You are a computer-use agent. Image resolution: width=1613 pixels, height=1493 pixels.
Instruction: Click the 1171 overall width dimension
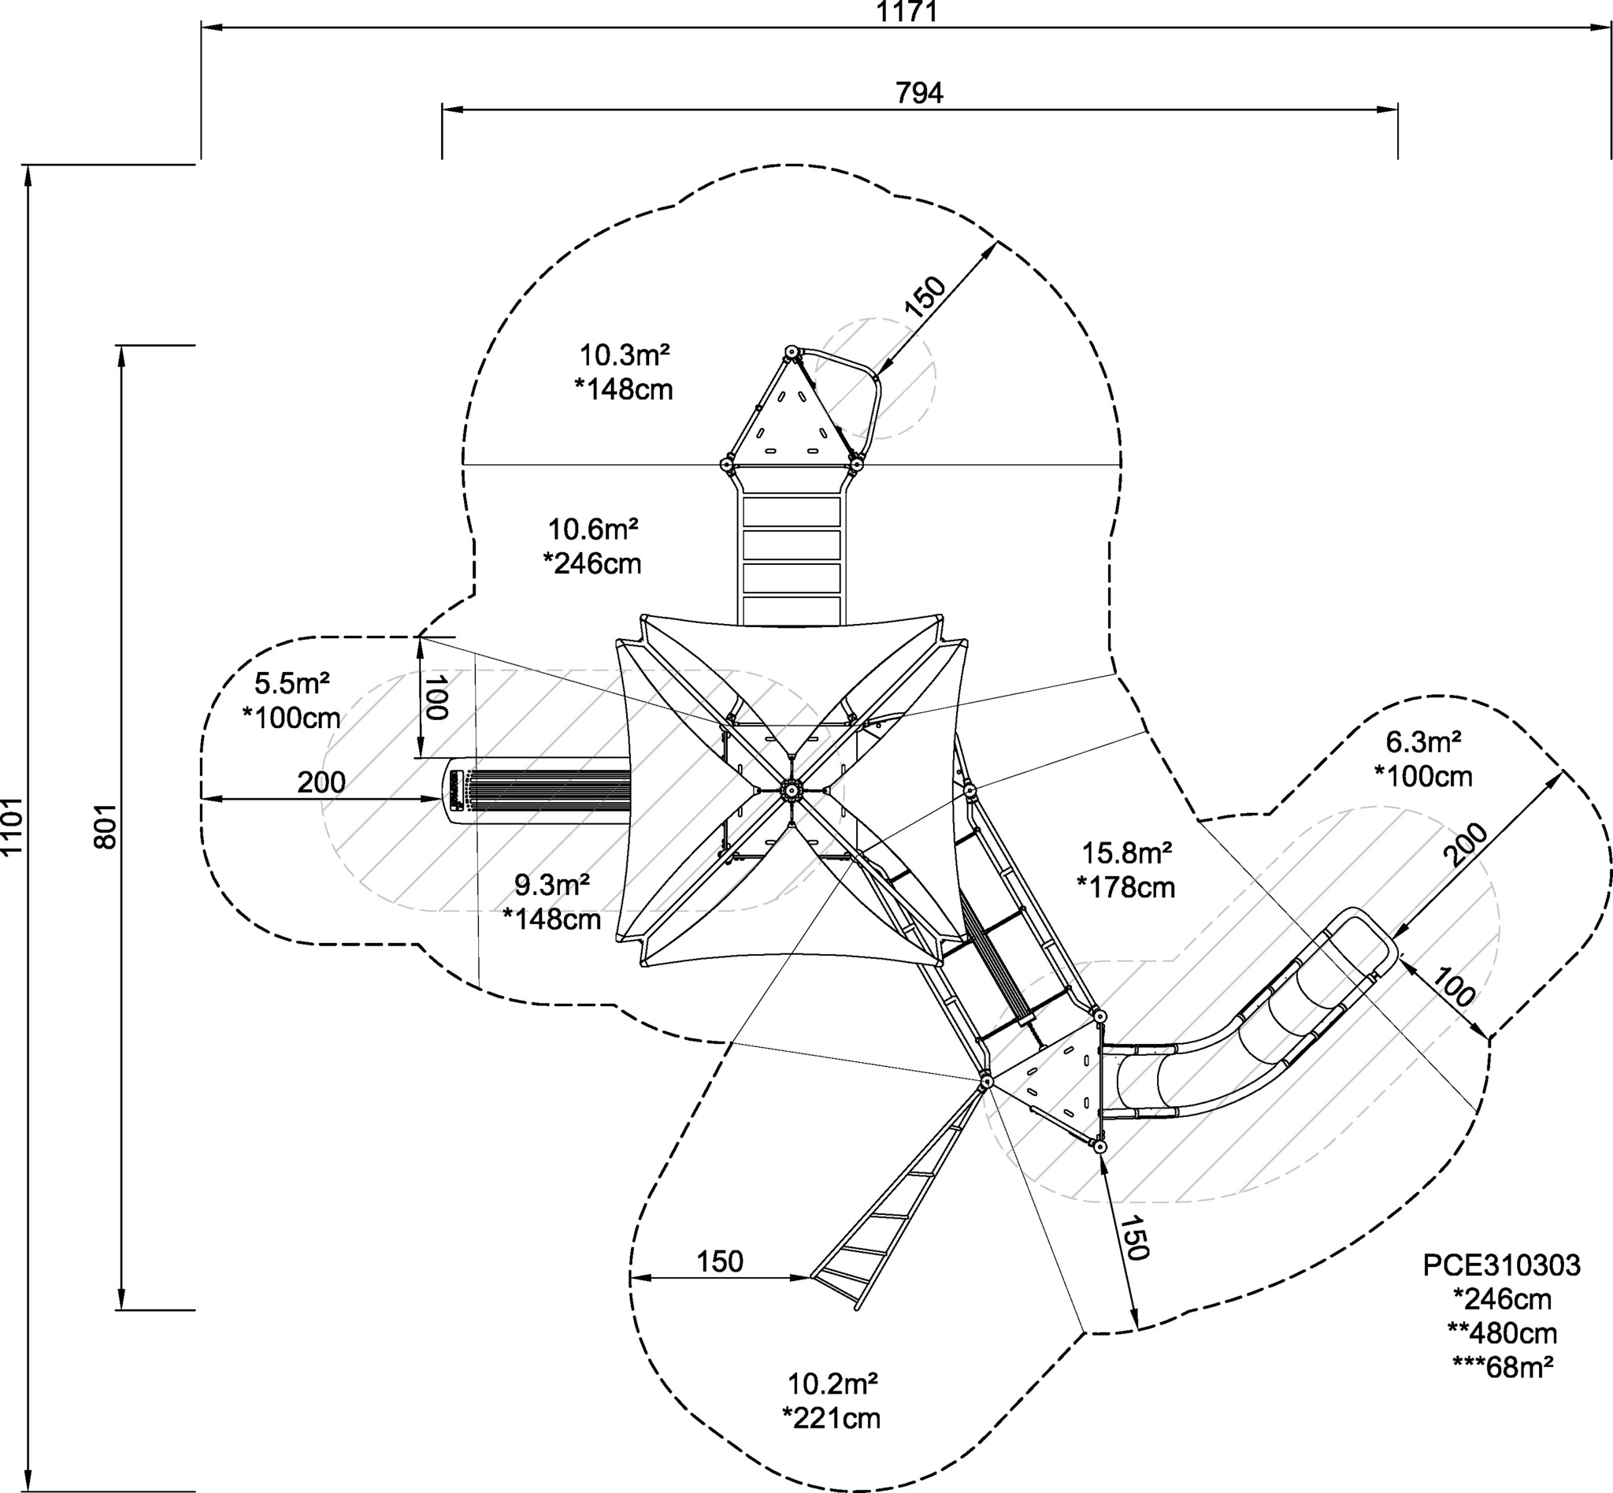click(907, 11)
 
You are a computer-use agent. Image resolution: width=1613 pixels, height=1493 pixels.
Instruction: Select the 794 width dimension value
click(919, 94)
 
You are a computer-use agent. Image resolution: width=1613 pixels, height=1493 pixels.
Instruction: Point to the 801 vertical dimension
click(106, 826)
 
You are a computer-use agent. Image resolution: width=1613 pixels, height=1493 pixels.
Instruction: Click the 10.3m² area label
click(625, 355)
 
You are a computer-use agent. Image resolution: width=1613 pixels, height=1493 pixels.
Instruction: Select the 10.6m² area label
click(594, 530)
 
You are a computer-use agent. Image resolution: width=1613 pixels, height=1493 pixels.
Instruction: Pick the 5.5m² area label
click(291, 684)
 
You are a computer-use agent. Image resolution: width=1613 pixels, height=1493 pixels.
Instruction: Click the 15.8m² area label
click(1127, 852)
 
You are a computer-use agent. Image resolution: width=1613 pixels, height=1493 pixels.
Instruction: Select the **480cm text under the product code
click(1503, 1333)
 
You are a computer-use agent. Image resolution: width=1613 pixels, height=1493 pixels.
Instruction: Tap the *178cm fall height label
click(1126, 888)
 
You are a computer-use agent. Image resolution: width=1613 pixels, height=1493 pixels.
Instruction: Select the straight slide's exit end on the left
click(457, 791)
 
